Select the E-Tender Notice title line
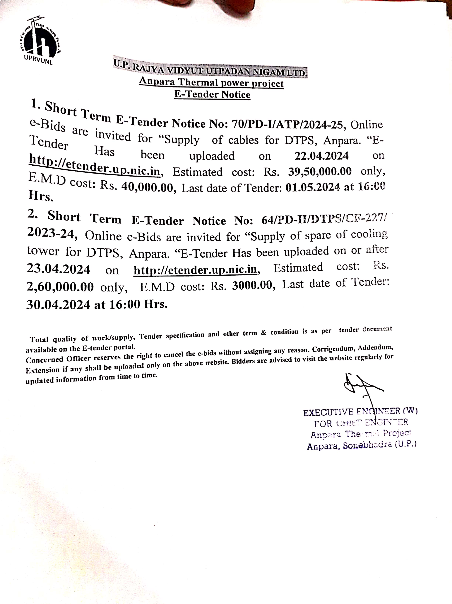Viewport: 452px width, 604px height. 212,94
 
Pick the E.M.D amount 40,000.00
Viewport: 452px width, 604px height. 147,187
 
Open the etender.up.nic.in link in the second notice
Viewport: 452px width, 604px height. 195,270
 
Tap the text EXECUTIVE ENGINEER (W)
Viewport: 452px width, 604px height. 360,412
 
